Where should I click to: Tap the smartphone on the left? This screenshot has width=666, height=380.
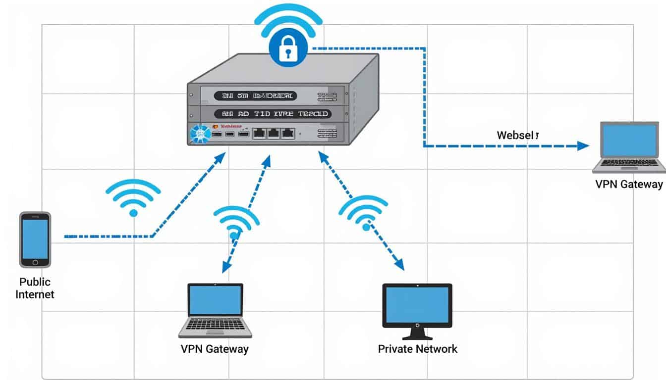(x=35, y=239)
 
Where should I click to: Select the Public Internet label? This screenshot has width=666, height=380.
(x=35, y=288)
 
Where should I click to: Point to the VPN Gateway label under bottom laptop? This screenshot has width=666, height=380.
(x=215, y=349)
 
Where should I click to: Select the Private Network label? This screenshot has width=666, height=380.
(x=417, y=349)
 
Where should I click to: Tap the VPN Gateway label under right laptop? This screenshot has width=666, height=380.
(x=629, y=184)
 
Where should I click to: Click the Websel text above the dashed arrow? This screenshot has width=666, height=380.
(x=517, y=135)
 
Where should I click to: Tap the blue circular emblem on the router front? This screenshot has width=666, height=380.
(x=201, y=134)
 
